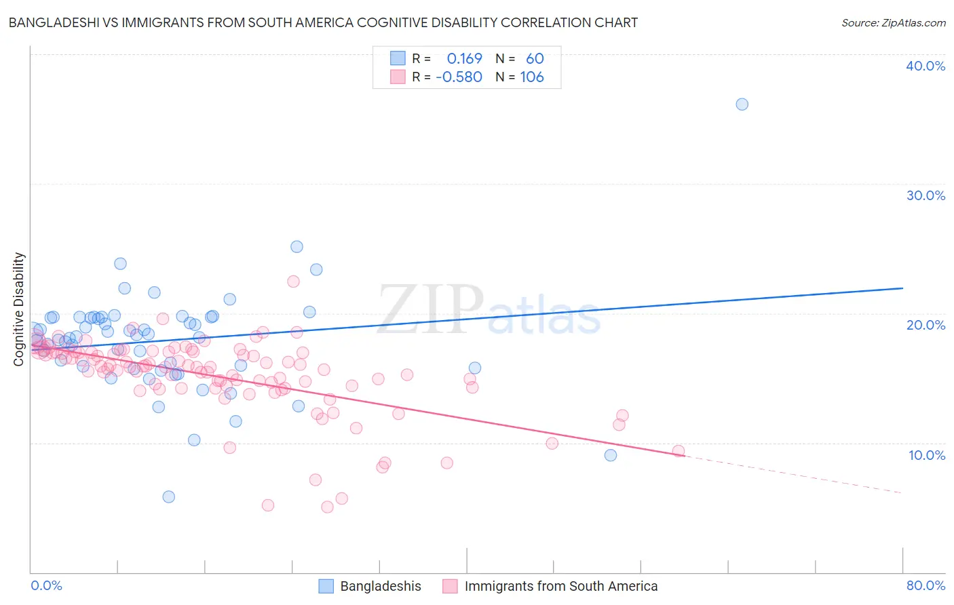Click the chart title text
[322, 22]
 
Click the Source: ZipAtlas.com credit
[893, 22]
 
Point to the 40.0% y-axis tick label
[926, 66]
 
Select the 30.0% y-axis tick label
[926, 195]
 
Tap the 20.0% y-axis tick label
[926, 325]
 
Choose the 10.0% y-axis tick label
[927, 455]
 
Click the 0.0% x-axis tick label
[46, 585]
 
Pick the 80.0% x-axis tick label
[926, 585]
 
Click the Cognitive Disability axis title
[19, 309]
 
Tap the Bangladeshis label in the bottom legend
[381, 586]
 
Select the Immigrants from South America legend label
[561, 586]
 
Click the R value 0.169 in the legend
[464, 59]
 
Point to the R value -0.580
[459, 77]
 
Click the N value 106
[532, 77]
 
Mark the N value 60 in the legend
[535, 59]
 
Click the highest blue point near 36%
[742, 104]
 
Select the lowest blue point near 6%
[169, 496]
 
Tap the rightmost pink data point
[679, 451]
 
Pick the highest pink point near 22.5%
[293, 281]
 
